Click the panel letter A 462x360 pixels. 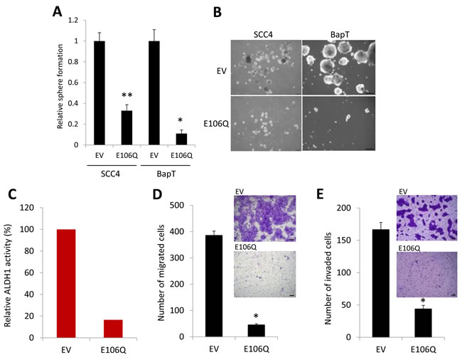[x=57, y=12]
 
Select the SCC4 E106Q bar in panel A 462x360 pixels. [x=127, y=127]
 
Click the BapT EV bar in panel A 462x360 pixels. [x=154, y=93]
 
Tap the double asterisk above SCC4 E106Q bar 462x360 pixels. [x=127, y=95]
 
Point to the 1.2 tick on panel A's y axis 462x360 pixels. [x=73, y=21]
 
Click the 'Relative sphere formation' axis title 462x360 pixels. [x=60, y=86]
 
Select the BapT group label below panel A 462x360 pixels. [x=166, y=174]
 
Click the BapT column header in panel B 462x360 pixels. [x=340, y=34]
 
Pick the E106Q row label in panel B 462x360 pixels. [x=216, y=124]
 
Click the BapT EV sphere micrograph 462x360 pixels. [x=339, y=67]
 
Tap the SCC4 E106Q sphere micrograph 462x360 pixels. [x=266, y=123]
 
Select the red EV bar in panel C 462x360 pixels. [x=66, y=283]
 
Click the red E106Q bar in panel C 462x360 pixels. [x=113, y=329]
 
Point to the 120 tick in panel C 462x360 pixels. [x=27, y=208]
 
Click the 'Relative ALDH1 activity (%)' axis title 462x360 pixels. [x=7, y=275]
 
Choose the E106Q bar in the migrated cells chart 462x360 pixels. [x=257, y=331]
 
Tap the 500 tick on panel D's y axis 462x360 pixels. [x=178, y=205]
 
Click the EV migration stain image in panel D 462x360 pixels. [x=265, y=218]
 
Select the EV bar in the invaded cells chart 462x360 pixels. [x=381, y=283]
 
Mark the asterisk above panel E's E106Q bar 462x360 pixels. [x=423, y=301]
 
